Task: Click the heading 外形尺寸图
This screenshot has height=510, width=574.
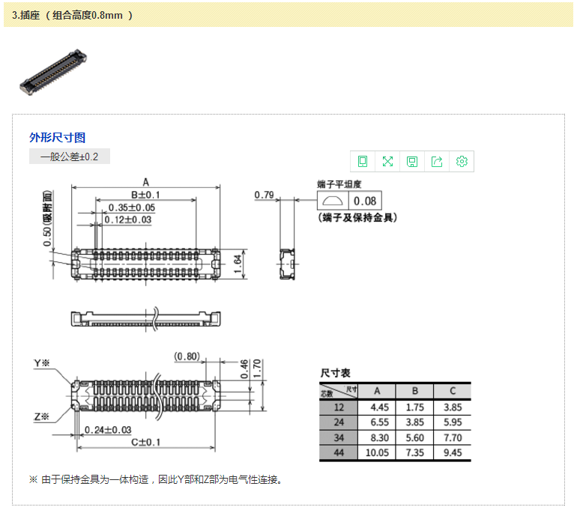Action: (57, 138)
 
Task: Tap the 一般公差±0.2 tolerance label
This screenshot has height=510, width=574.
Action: (69, 157)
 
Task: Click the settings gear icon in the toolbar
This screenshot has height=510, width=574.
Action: (462, 161)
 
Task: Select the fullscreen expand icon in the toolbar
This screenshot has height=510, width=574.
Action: (387, 161)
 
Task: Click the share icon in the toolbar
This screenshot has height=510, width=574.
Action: (437, 161)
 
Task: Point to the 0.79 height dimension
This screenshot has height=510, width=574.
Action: (264, 195)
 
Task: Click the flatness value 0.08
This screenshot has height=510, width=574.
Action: (366, 201)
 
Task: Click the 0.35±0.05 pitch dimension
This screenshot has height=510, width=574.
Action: (132, 207)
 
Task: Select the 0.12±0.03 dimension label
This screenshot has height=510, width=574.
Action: (127, 219)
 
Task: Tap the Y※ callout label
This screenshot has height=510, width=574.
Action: (42, 363)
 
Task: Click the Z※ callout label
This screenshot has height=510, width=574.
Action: (42, 416)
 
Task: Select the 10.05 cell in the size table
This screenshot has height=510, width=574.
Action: (377, 452)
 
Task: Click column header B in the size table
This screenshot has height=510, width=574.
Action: (414, 391)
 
